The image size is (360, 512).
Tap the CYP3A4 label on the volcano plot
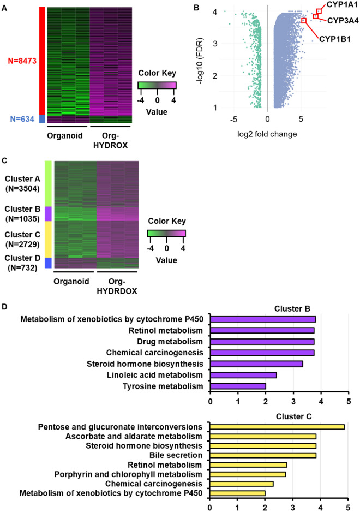pos(343,20)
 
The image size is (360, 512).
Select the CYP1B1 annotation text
pos(335,39)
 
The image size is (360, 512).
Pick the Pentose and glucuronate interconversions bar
pos(277,426)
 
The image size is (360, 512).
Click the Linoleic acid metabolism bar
pos(243,374)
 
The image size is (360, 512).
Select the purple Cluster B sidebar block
pos(48,213)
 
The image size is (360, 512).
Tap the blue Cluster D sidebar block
pos(48,263)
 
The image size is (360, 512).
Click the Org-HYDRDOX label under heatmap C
pos(117,286)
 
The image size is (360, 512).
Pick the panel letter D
pos(5,307)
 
